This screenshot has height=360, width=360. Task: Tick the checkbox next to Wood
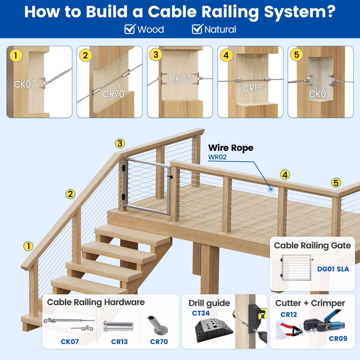point(130,30)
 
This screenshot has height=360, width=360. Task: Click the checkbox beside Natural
point(197,30)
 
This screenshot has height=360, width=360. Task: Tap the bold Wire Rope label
point(230,148)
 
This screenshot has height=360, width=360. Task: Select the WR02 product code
point(217,157)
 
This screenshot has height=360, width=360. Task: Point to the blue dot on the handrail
point(270,189)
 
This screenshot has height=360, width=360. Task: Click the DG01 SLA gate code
point(333,269)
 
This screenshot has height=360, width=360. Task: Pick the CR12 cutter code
point(288,314)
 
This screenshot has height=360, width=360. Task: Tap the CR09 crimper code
point(338,338)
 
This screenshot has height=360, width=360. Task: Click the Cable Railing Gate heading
point(312,245)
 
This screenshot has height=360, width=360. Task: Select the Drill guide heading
point(209,303)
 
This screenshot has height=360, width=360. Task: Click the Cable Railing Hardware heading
point(96,302)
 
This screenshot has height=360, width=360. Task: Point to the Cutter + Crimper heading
point(310,303)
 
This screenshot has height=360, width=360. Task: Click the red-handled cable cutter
point(290,331)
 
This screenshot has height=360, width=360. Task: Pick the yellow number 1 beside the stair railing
point(28,246)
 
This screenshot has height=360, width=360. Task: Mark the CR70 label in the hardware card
point(158,342)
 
